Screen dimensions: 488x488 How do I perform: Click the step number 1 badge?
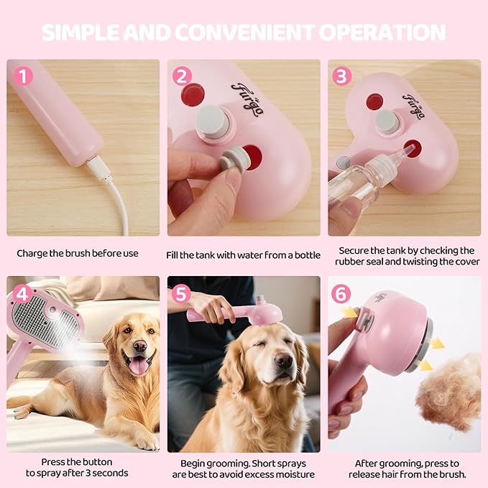(23, 75)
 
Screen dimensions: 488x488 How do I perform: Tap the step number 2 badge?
(183, 75)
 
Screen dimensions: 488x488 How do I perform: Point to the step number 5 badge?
(183, 293)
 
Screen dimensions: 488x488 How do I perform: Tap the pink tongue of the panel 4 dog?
(136, 365)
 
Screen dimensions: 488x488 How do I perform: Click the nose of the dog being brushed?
(283, 359)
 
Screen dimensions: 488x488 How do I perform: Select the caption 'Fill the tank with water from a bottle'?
(244, 254)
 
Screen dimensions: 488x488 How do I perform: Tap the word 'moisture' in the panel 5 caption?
(292, 474)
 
